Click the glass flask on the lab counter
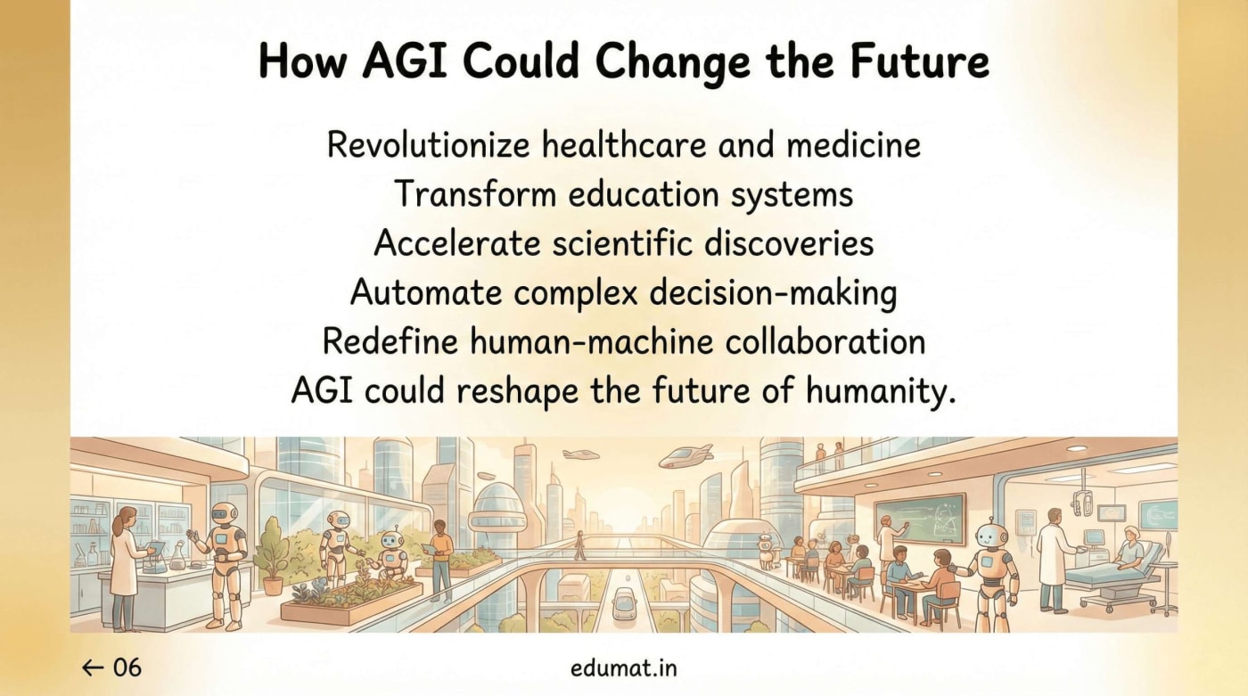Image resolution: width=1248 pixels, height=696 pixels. [x=178, y=558]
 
